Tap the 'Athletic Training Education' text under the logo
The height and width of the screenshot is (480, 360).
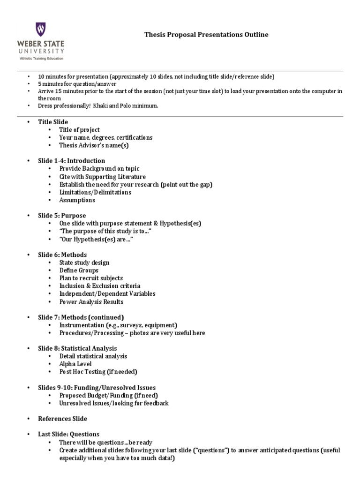(x=41, y=59)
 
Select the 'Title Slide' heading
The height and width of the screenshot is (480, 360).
(x=53, y=122)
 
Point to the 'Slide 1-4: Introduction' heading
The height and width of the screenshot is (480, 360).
(x=71, y=161)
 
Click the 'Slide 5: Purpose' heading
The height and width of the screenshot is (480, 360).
(x=62, y=216)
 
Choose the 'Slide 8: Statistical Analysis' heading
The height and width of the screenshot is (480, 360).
(x=77, y=348)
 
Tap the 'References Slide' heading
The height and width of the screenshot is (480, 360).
(x=62, y=419)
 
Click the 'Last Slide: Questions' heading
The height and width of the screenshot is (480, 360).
(x=68, y=434)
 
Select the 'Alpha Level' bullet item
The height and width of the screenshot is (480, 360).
(x=75, y=364)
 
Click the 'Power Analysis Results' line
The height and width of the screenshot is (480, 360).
(x=91, y=301)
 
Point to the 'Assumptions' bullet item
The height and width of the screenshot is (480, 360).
(x=77, y=200)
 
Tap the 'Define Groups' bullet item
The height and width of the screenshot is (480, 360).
(x=79, y=270)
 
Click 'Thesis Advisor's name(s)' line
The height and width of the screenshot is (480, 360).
(x=94, y=145)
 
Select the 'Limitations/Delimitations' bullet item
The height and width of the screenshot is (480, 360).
(x=95, y=192)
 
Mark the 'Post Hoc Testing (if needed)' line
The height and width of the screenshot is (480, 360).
(x=98, y=372)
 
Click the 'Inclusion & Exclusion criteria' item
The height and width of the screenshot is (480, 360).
(x=99, y=286)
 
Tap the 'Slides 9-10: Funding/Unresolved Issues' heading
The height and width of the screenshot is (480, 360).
(x=97, y=388)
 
